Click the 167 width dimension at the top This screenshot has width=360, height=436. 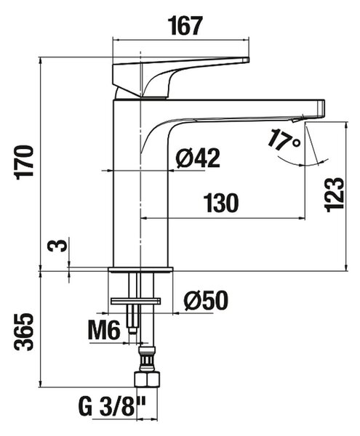click(x=186, y=26)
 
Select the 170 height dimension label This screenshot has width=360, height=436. click(x=25, y=162)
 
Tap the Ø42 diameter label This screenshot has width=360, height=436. click(x=198, y=158)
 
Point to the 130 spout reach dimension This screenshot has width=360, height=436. click(x=221, y=203)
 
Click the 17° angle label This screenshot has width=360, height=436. click(x=284, y=140)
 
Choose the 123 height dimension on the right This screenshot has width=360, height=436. click(x=335, y=195)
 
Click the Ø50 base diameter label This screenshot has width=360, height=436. click(x=206, y=301)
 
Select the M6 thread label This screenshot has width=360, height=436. click(x=104, y=330)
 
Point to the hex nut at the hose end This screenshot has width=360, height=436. click(x=148, y=379)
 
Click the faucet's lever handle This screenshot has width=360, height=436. click(x=180, y=77)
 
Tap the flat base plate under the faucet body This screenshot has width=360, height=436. click(x=140, y=270)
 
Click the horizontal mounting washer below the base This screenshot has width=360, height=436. click(x=135, y=301)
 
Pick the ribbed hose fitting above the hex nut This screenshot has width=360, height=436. click(x=147, y=358)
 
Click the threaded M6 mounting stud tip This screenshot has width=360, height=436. click(x=132, y=331)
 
